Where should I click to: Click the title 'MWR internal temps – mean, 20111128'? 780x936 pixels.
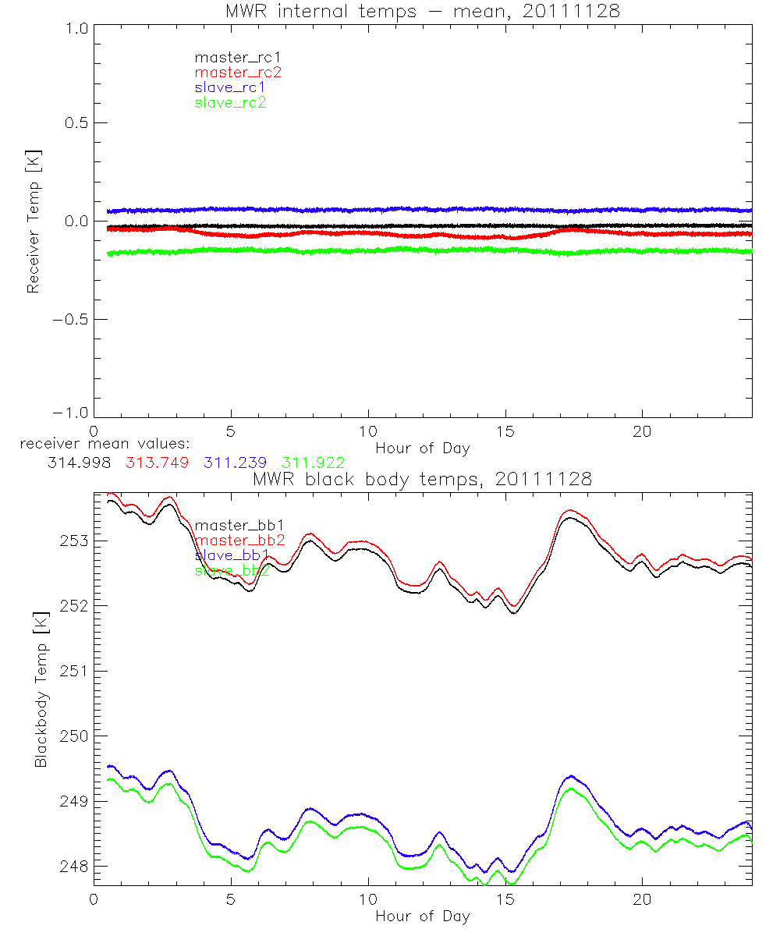[x=423, y=11]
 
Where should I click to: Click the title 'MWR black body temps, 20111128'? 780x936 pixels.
[x=423, y=480]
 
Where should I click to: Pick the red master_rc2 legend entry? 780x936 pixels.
[x=237, y=73]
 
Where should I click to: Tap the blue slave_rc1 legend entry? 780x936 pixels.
[x=231, y=87]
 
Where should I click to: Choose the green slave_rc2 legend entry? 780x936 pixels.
[x=231, y=103]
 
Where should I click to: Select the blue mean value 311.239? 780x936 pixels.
[x=234, y=463]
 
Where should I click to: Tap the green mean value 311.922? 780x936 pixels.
[x=313, y=463]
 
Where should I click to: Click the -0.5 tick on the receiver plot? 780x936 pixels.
[x=72, y=320]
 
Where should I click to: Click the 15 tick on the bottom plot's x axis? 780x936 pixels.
[x=505, y=900]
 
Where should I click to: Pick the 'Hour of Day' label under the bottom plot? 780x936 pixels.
[x=423, y=916]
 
